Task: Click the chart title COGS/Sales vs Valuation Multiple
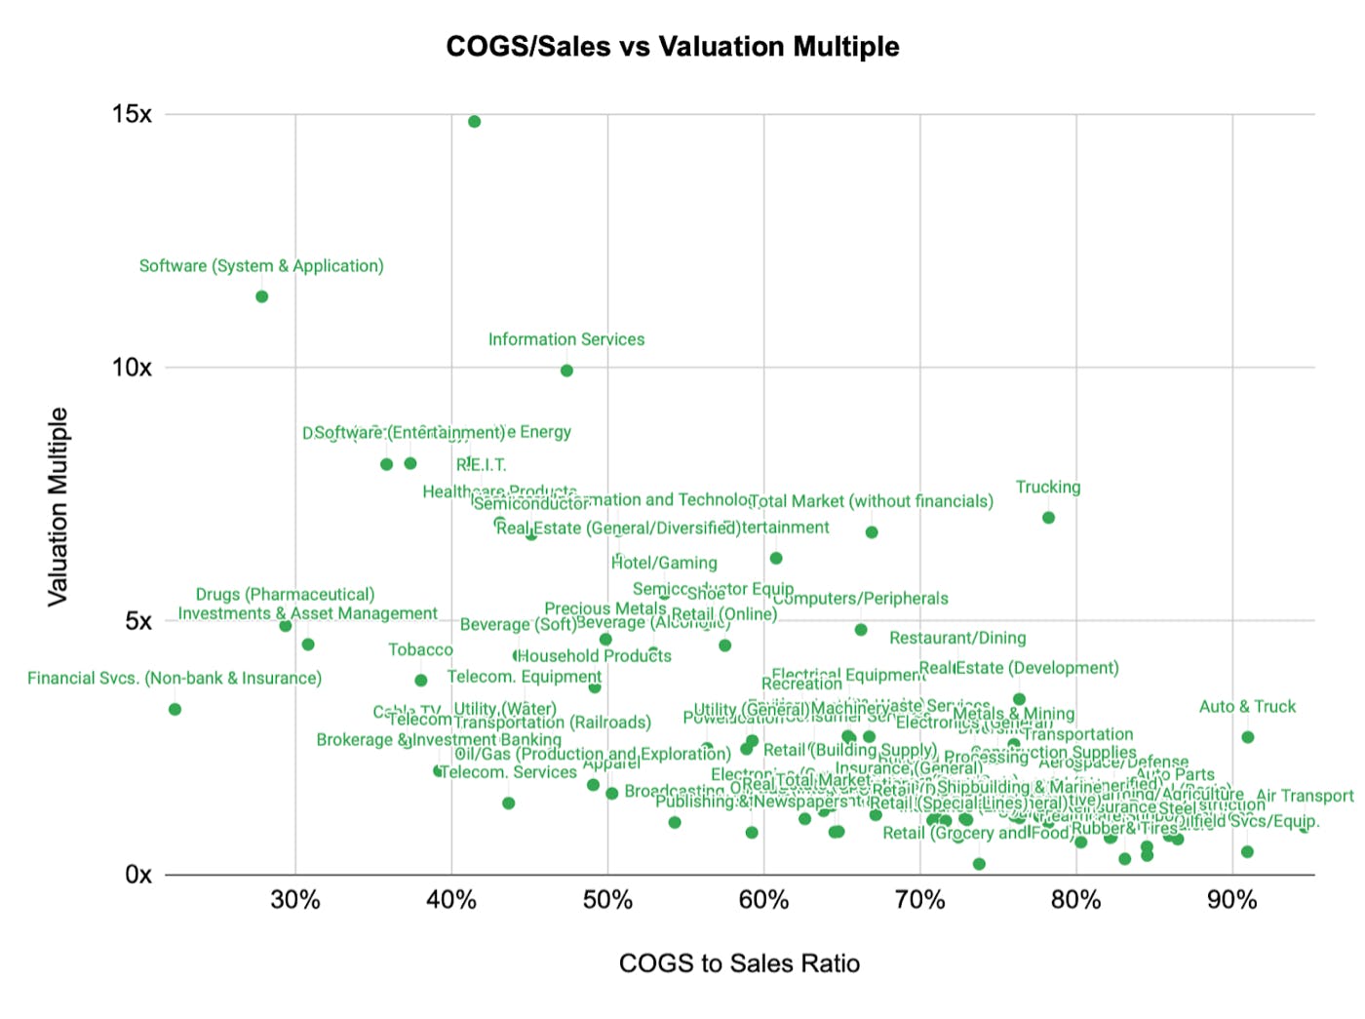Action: (672, 47)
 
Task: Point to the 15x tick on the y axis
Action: (132, 115)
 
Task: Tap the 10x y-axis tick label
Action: (132, 368)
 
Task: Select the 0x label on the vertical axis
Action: (138, 875)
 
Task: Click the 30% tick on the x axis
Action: (295, 900)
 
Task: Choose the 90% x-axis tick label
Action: (1231, 900)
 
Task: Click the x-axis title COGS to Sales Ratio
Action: (739, 963)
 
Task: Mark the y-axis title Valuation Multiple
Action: (58, 507)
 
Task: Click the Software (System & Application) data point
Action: (261, 296)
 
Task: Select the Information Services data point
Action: (566, 371)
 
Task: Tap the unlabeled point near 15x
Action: (474, 122)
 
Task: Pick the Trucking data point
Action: (1048, 518)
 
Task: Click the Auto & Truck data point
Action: (1247, 737)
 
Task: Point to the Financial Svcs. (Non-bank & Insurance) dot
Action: (175, 709)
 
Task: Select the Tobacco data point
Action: (420, 681)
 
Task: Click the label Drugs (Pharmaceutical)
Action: (285, 595)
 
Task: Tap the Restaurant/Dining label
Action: (957, 638)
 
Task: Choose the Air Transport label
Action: (1305, 796)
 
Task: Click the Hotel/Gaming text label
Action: (664, 563)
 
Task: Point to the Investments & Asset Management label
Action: (307, 613)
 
